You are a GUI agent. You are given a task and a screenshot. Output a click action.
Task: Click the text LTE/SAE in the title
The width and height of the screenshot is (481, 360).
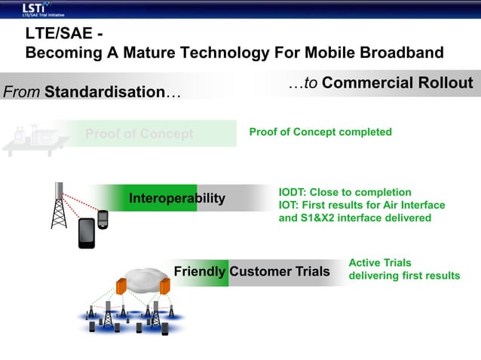pyautogui.click(x=56, y=35)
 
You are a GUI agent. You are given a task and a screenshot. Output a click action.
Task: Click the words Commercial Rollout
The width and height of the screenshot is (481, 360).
pyautogui.click(x=397, y=84)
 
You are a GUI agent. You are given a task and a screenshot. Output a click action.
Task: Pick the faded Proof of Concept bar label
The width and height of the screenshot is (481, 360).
pyautogui.click(x=139, y=134)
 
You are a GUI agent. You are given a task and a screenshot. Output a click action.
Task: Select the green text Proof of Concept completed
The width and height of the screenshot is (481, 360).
pyautogui.click(x=320, y=132)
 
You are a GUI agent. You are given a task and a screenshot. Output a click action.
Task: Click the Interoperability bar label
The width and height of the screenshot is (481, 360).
pyautogui.click(x=177, y=198)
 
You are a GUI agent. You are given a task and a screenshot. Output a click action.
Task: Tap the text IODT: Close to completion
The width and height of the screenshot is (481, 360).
pyautogui.click(x=345, y=192)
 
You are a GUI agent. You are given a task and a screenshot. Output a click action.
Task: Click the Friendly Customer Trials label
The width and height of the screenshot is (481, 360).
pyautogui.click(x=251, y=271)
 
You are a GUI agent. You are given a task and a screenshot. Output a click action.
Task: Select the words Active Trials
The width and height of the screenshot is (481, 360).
pyautogui.click(x=380, y=263)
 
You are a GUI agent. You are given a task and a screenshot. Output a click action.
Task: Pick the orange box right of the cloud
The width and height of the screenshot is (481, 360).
pyautogui.click(x=164, y=286)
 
